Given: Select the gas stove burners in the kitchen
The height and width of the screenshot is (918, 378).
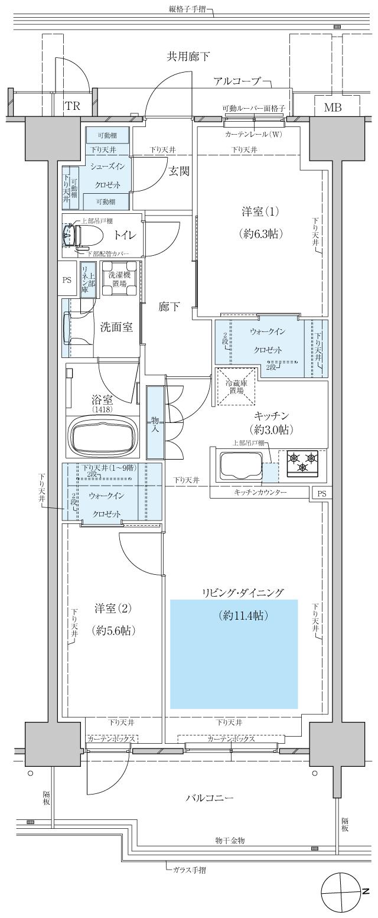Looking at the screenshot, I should point(302,463).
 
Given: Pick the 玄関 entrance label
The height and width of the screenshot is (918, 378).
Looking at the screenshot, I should point(179,171).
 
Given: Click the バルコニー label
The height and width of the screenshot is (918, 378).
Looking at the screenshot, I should point(209,798).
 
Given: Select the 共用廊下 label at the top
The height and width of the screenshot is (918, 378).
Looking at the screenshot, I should point(188,57).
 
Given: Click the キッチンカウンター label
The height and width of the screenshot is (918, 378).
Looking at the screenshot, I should point(260,492).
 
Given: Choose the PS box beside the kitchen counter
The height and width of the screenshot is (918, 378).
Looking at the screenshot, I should point(321,493).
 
